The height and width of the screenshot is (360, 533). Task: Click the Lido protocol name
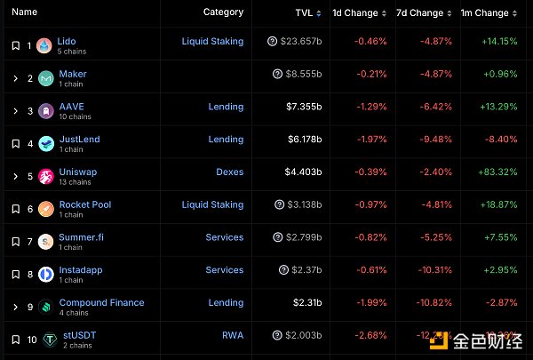(67, 41)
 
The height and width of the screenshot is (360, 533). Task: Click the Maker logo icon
(44, 78)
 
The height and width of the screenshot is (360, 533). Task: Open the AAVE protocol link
(72, 107)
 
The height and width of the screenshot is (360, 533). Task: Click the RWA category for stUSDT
(233, 335)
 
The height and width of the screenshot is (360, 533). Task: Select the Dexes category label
(229, 172)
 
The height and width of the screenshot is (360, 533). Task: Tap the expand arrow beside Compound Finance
(15, 308)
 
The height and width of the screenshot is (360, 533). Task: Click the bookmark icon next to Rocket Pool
(15, 209)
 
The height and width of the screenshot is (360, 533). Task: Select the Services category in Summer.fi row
(224, 237)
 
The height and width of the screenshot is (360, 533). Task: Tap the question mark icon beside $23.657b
(272, 42)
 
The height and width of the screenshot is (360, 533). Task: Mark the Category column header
(223, 12)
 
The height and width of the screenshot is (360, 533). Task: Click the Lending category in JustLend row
(226, 140)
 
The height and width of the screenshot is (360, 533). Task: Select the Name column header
(25, 12)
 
